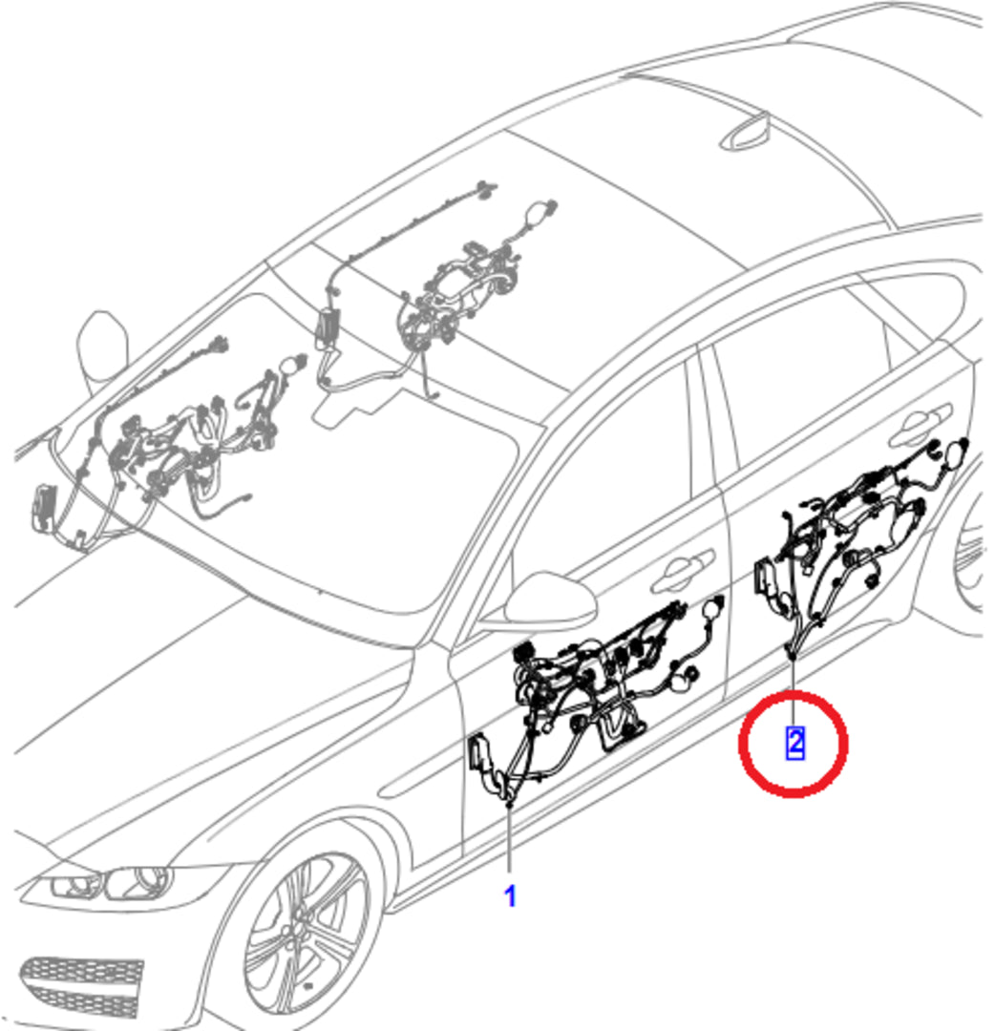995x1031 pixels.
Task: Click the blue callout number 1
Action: (510, 896)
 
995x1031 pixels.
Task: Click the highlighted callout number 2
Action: (795, 743)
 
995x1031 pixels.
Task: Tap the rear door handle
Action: (920, 423)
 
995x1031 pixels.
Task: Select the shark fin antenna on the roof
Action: (747, 135)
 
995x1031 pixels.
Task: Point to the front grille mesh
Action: (82, 986)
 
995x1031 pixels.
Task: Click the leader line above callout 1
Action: (510, 842)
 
